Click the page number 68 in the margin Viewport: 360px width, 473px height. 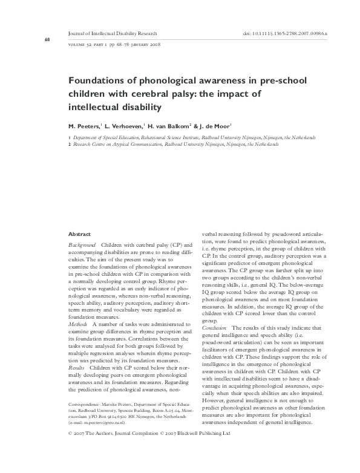coord(47,40)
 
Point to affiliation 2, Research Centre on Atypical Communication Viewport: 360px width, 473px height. coord(175,145)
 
